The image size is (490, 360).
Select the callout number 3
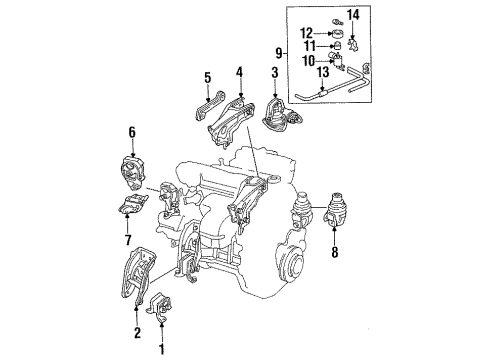(x=273, y=73)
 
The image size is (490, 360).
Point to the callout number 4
(x=238, y=71)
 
